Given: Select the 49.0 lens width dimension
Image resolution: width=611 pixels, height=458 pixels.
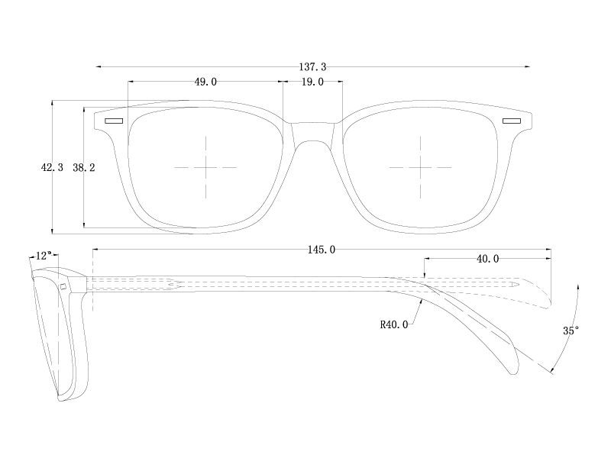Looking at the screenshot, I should tap(205, 82).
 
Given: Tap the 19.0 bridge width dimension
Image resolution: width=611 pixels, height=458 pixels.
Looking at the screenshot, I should tap(312, 82).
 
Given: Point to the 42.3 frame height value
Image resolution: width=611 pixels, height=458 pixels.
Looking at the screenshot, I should tap(51, 166).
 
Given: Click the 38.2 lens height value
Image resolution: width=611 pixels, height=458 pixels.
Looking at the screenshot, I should tap(83, 166).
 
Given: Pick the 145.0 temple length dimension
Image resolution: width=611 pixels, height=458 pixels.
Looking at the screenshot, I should tap(322, 250).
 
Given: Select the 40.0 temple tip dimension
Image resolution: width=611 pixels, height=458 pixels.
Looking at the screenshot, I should tap(487, 259).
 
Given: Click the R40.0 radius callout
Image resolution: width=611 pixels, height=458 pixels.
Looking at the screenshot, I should tap(394, 324).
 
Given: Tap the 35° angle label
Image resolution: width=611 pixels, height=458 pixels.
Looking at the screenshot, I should tap(571, 331).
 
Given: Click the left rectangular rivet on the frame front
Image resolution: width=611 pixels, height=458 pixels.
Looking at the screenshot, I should tap(114, 121).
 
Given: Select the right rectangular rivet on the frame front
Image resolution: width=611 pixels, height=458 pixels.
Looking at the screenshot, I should tap(511, 121).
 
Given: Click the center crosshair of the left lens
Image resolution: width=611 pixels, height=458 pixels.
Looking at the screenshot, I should tap(206, 166).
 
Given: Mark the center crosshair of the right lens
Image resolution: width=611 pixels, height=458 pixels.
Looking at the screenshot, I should tap(420, 166).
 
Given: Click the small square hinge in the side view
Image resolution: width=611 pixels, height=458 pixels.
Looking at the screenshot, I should tap(64, 286).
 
